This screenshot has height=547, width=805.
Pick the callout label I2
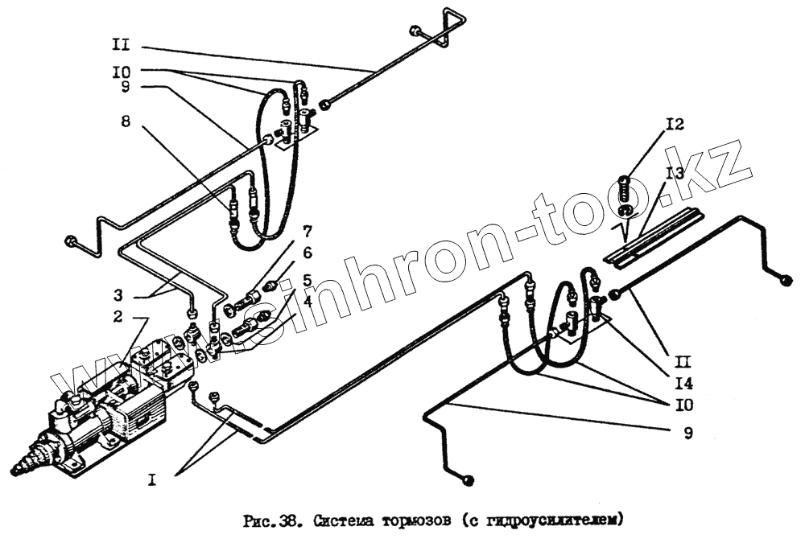(674, 125)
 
